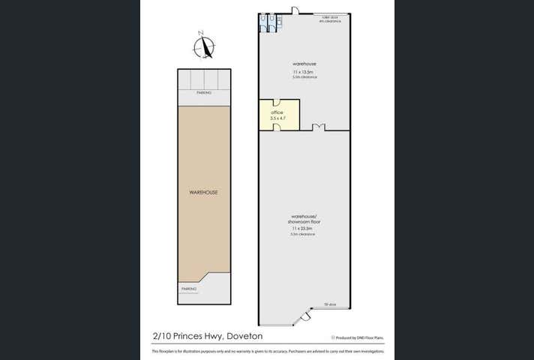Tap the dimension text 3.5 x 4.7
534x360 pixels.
point(277,118)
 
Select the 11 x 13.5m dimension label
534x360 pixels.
point(304,71)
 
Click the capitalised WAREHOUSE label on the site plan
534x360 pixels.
point(203,193)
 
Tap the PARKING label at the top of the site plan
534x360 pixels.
point(203,92)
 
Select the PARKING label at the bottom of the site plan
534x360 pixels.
point(188,289)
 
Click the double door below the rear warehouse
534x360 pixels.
point(319,127)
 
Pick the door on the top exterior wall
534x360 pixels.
point(295,10)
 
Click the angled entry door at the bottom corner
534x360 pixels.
point(304,321)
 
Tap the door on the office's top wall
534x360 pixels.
point(276,103)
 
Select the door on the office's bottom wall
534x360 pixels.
point(276,127)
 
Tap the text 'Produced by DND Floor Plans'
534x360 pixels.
point(359,338)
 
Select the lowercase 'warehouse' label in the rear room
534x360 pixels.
point(304,64)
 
